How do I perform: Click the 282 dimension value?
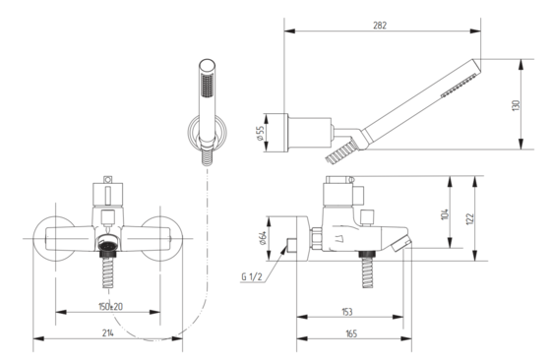coord(380,26)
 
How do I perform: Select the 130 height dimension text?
coord(516,105)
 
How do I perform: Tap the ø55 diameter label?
coord(260,134)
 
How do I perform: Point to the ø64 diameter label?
coord(263,238)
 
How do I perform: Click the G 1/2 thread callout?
coord(252,276)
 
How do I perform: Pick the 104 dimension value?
coord(445,214)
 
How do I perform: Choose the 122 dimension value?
coord(471,218)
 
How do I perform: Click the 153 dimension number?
coord(346,312)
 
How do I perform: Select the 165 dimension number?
coord(351,333)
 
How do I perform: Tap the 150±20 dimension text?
coord(110,307)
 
